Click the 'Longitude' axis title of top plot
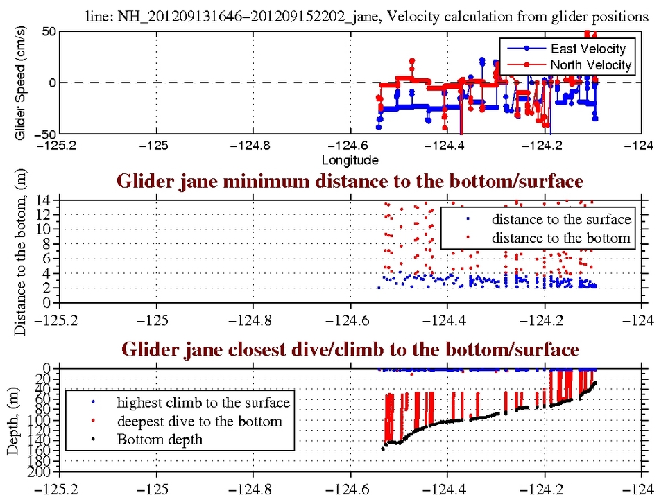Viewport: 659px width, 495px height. pos(350,160)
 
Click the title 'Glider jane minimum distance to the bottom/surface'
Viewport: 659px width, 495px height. pos(350,182)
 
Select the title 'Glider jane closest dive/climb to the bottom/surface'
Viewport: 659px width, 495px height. pos(350,349)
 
